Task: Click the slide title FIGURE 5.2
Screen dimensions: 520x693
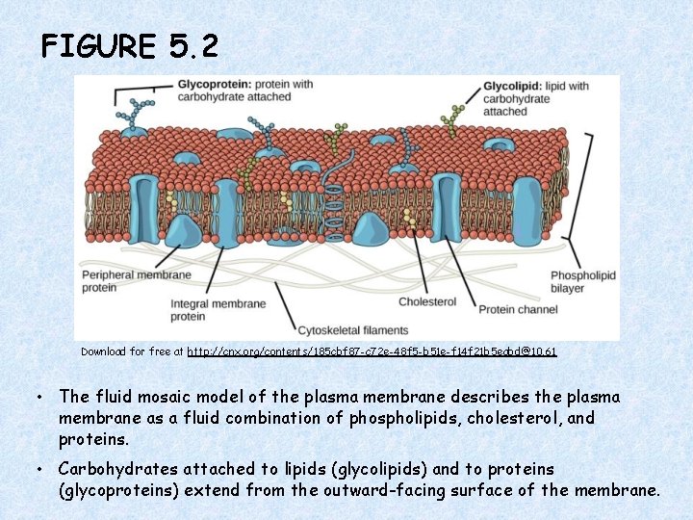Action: [x=130, y=45]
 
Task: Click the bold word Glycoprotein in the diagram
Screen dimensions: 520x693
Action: [x=210, y=85]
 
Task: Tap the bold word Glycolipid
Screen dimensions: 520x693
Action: [x=508, y=86]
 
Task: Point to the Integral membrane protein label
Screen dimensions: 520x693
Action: [x=218, y=310]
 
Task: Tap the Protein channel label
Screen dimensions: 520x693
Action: [x=517, y=309]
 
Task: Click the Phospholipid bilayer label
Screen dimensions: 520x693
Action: [x=582, y=281]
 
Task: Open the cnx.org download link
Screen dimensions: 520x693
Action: [x=372, y=352]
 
